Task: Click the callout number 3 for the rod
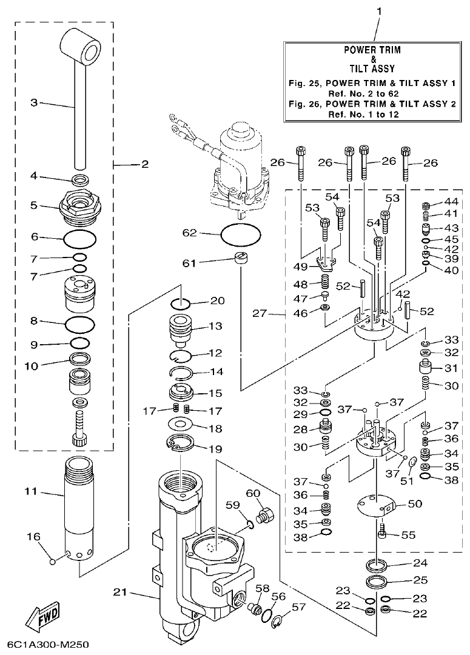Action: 35,103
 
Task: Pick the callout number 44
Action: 451,201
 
